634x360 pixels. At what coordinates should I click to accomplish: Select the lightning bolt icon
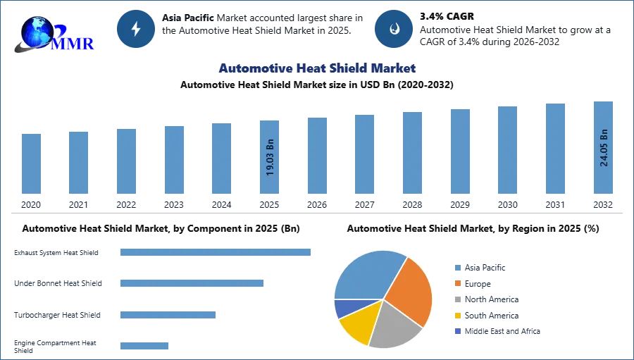136,29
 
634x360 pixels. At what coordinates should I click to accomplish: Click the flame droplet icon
394,29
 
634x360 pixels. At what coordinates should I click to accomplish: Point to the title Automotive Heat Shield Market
316,68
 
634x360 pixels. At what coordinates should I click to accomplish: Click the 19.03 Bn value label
270,157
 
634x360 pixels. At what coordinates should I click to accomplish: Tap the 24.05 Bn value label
604,148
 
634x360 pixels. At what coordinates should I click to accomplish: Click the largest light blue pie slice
366,275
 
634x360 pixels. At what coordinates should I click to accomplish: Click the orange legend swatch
456,283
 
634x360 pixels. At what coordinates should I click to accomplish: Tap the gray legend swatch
456,299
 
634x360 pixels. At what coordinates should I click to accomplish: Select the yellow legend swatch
456,316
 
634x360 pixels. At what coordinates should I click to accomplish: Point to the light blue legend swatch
456,267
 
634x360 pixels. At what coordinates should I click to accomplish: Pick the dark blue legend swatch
456,332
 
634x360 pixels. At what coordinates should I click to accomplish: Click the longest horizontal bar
216,254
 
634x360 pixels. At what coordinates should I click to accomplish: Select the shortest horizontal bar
144,344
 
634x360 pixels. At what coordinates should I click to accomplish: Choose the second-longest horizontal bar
191,282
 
